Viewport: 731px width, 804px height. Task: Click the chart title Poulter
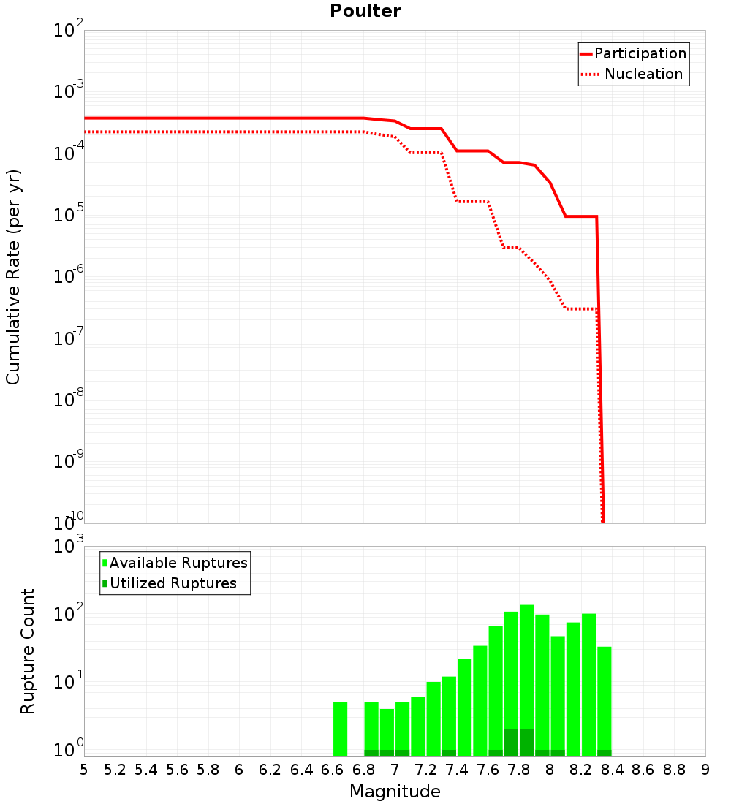[x=365, y=11]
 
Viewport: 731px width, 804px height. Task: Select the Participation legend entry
[x=634, y=53]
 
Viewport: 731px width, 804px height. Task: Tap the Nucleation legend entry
[x=632, y=74]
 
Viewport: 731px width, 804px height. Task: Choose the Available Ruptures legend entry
[x=175, y=563]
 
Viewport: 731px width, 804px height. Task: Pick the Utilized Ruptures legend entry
[x=170, y=583]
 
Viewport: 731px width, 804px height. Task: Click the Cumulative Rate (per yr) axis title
[x=13, y=277]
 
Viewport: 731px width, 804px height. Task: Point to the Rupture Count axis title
[x=27, y=651]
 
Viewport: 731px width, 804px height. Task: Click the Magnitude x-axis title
[x=395, y=791]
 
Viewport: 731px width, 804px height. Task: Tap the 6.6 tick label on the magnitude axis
[x=333, y=770]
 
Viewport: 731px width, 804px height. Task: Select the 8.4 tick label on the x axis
[x=612, y=770]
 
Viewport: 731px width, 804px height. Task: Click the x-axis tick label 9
[x=705, y=770]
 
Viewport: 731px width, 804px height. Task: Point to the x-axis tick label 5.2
[x=115, y=770]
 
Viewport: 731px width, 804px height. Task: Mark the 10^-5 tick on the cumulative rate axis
[x=68, y=213]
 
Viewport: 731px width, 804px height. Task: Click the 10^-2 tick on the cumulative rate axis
[x=68, y=28]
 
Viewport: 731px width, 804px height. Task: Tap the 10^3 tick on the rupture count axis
[x=68, y=544]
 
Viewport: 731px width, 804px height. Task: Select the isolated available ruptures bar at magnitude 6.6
[x=340, y=729]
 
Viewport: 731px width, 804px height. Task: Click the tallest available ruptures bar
[x=527, y=680]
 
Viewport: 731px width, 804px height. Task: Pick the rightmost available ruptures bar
[x=605, y=702]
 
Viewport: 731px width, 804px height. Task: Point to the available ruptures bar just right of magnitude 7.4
[x=464, y=708]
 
